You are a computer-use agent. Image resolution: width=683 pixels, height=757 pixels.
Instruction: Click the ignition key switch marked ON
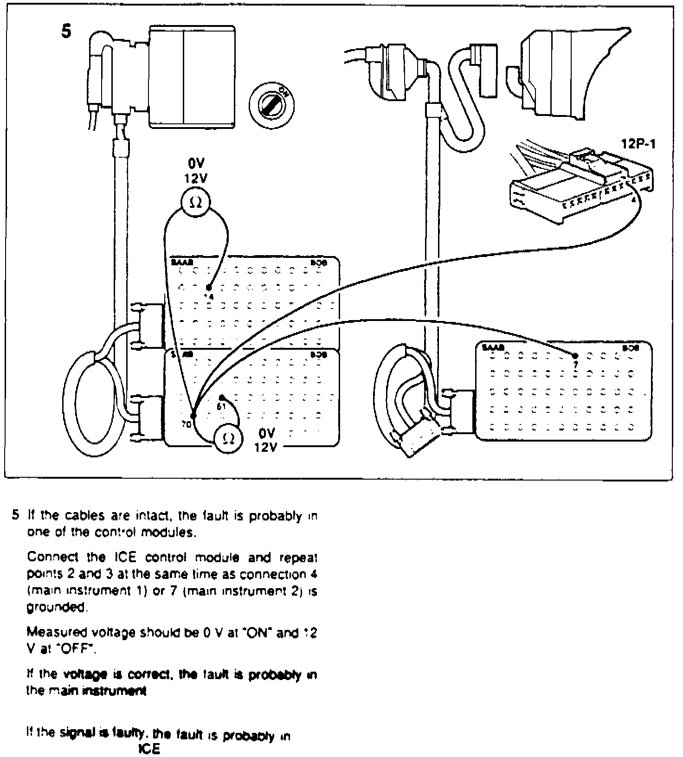(x=271, y=104)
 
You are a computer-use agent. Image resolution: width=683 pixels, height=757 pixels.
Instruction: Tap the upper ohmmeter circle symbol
(x=195, y=202)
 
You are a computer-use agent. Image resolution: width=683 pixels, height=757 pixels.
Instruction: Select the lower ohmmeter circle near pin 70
(x=227, y=438)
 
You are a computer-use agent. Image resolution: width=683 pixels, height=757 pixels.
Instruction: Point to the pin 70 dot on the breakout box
(x=193, y=416)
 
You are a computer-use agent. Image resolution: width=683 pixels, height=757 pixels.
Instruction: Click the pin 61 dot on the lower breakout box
(x=222, y=398)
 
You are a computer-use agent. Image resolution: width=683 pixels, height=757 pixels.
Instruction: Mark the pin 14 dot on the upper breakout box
(x=208, y=288)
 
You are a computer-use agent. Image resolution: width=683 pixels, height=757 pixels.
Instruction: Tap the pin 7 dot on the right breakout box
(x=576, y=356)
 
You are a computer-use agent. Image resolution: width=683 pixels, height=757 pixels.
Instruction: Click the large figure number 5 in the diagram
(x=67, y=31)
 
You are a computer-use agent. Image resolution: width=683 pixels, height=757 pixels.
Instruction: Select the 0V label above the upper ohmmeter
(x=195, y=164)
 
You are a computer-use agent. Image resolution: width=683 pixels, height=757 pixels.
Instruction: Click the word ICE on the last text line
(x=149, y=749)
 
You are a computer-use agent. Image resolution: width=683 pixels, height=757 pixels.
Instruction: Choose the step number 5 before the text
(x=15, y=515)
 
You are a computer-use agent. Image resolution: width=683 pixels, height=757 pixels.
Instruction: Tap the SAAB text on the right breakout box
(x=491, y=347)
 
